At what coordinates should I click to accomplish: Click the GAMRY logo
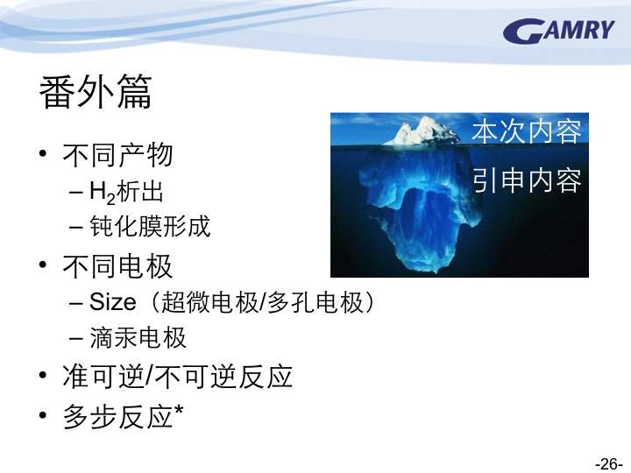[x=559, y=31]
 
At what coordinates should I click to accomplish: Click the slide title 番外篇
[x=96, y=92]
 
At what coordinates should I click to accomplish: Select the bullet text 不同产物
[x=117, y=155]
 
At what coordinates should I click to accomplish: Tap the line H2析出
[x=126, y=192]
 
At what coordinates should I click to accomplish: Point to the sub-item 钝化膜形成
[x=150, y=226]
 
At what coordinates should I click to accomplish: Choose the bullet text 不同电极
[x=117, y=266]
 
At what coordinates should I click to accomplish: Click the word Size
[x=113, y=301]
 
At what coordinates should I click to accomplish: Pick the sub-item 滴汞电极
[x=138, y=337]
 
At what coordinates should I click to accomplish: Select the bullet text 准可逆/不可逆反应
[x=177, y=376]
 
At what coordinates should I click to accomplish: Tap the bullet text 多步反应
[x=117, y=416]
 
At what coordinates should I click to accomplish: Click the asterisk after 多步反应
[x=179, y=410]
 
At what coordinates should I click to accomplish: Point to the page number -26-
[x=609, y=463]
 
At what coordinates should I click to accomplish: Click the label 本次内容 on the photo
[x=527, y=131]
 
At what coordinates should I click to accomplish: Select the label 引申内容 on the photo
[x=527, y=180]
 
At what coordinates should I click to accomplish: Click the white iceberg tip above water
[x=422, y=131]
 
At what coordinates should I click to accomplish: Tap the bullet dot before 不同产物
[x=44, y=153]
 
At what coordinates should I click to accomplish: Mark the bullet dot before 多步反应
[x=44, y=414]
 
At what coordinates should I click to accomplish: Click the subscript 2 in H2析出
[x=111, y=199]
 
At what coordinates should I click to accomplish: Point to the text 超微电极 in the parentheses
[x=209, y=302]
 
